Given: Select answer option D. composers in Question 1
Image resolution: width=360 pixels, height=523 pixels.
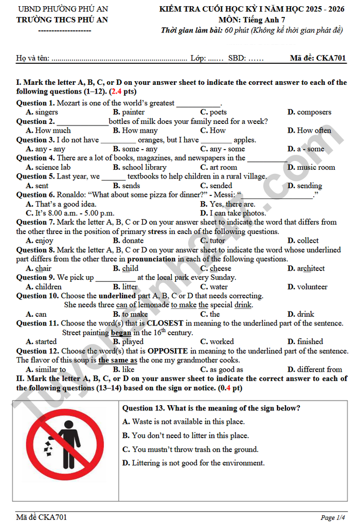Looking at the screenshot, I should (x=309, y=112).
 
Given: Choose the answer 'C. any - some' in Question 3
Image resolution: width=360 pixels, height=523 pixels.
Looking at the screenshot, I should (x=222, y=149).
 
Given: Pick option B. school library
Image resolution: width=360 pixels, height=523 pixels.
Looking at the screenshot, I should (x=139, y=168).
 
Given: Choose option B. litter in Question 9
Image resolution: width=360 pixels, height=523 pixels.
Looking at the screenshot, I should (x=125, y=287).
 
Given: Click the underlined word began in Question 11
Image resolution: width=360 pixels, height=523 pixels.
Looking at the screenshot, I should (x=121, y=333).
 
